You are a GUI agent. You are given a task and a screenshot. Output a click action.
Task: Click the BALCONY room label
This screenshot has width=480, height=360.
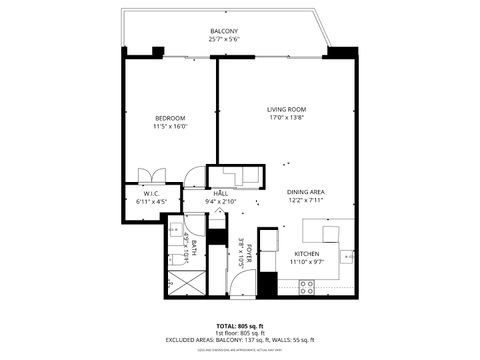point(224,31)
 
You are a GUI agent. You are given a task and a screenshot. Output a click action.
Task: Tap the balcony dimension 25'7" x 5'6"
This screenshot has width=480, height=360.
point(224,39)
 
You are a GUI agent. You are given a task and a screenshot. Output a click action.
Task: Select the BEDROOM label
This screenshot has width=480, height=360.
point(170,118)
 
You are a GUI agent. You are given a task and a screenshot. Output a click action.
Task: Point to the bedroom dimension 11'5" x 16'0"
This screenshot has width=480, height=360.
point(170,127)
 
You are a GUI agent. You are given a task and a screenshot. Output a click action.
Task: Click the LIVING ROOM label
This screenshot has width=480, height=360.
point(286,109)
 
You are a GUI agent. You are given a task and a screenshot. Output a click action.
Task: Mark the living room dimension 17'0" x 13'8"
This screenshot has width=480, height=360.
point(286,118)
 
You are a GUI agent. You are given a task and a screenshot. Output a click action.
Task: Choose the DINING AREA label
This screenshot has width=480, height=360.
point(306,191)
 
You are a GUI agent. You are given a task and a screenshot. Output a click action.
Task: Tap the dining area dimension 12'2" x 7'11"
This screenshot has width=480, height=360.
point(306,200)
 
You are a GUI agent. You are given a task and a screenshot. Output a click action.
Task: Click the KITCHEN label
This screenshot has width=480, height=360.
point(305,253)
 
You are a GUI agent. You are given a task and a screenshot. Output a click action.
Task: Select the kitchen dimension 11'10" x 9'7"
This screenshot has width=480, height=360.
point(305,262)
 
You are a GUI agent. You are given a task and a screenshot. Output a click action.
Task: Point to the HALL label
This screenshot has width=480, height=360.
point(221,192)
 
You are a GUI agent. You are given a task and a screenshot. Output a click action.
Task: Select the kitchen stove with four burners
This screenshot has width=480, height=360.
point(307,286)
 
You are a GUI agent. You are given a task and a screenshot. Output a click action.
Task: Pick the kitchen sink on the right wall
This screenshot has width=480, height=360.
point(348,257)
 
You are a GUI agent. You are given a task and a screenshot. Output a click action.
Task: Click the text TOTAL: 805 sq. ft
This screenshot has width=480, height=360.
point(240,326)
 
